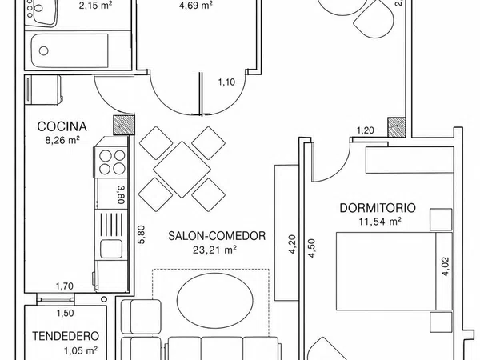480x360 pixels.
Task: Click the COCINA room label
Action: (62, 126)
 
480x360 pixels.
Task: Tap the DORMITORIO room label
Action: (378, 208)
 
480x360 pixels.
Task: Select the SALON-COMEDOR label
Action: (217, 236)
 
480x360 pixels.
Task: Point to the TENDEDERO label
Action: (66, 336)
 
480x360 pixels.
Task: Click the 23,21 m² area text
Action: (214, 250)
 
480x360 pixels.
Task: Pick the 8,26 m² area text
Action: (62, 141)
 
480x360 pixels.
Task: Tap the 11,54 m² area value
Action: (380, 222)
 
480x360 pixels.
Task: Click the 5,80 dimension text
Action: (142, 234)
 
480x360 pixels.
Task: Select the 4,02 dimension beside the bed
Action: (445, 266)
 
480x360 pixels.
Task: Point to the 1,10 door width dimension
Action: (226, 82)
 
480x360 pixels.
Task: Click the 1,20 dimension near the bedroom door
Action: (366, 130)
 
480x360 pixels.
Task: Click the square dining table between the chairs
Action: (182, 170)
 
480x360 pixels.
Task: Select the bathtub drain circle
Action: (44, 50)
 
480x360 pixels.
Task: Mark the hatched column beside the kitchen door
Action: (124, 125)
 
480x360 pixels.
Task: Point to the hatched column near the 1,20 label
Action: (397, 127)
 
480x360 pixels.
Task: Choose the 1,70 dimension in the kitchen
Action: (65, 286)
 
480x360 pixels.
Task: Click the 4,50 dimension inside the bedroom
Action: (311, 248)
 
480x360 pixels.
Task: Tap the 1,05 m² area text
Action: (81, 350)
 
